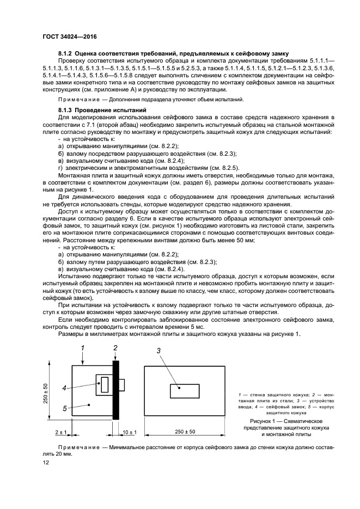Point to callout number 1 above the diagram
point(82,347)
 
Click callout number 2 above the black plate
point(115,347)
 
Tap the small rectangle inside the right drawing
point(184,391)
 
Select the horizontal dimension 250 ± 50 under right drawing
point(185,432)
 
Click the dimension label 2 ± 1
point(60,432)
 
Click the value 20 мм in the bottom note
point(49,453)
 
